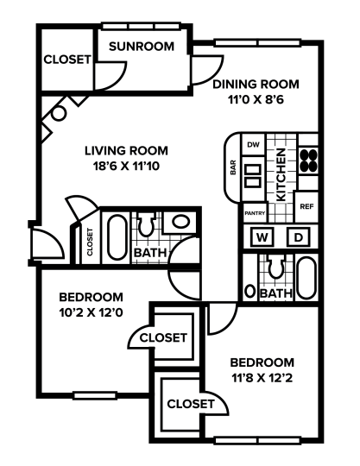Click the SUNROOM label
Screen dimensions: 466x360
142,47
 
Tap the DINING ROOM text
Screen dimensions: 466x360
256,84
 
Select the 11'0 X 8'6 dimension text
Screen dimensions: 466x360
256,99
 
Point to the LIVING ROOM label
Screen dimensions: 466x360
126,150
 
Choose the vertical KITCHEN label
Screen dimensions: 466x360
281,175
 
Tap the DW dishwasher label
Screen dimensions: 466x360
253,145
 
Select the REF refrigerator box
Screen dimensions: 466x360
306,207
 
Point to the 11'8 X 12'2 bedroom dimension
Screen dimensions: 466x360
262,377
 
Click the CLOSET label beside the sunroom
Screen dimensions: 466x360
67,60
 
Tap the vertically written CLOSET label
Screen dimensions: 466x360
90,242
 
